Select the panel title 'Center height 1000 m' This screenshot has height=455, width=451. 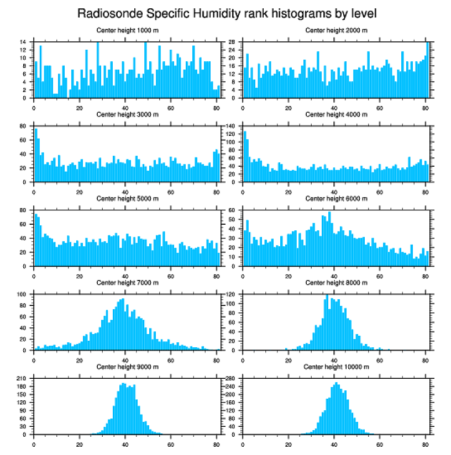pos(127,30)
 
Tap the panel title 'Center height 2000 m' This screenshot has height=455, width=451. pos(336,30)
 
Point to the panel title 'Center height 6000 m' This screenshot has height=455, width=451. pos(336,198)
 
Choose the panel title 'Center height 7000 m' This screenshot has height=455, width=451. pos(127,283)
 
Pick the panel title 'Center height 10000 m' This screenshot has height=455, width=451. pos(336,367)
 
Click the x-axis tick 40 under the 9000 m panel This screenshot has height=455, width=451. pos(125,443)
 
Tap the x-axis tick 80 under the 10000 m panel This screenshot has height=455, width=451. pos(425,443)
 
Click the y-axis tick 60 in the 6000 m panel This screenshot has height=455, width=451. pos(234,210)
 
